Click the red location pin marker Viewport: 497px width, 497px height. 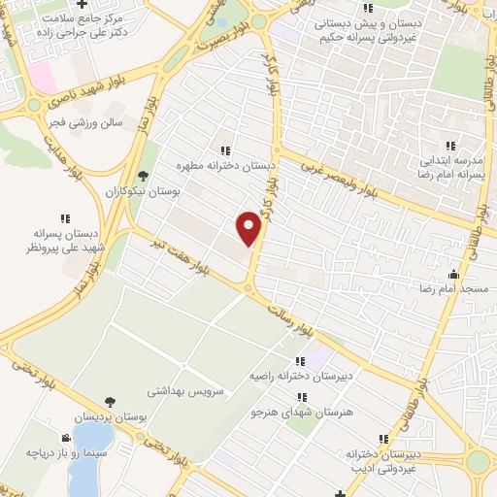(249, 228)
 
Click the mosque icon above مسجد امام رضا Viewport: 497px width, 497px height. (454, 273)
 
